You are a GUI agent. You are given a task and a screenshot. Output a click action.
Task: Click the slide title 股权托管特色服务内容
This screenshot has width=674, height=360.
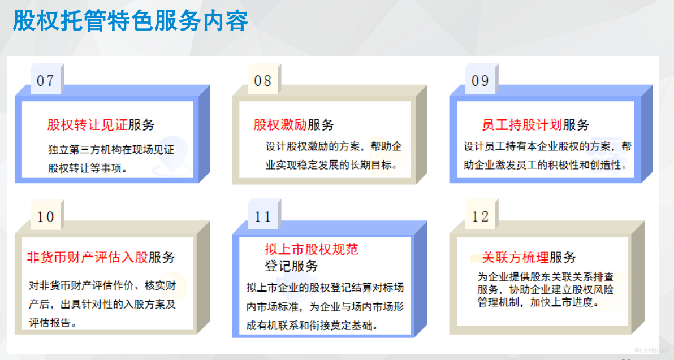[131, 20]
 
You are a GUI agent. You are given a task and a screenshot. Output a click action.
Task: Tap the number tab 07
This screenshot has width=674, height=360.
[46, 80]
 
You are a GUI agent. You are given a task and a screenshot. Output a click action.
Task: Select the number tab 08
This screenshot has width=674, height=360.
[263, 80]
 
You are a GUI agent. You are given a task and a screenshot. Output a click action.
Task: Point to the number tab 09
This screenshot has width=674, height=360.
[481, 80]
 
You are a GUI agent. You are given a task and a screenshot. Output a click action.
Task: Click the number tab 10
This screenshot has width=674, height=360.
[46, 216]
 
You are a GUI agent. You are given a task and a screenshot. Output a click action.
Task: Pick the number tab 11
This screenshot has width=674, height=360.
[263, 216]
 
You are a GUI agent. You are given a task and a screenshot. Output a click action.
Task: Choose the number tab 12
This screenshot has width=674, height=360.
[481, 216]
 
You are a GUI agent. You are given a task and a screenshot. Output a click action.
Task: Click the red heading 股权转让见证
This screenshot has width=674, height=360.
[87, 125]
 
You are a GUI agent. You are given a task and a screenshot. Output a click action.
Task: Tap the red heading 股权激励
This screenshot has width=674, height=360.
[280, 125]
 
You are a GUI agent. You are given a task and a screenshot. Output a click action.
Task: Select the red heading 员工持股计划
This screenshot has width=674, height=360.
[522, 125]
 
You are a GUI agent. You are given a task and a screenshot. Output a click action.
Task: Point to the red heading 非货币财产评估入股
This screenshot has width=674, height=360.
[88, 257]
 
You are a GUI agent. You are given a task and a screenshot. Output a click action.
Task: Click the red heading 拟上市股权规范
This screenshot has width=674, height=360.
[311, 249]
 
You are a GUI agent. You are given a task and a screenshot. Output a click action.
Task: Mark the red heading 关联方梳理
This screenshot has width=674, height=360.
[515, 257]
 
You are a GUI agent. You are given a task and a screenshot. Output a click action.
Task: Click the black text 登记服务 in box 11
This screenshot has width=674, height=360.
[291, 266]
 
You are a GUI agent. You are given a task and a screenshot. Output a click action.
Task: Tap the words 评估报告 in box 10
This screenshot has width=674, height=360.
[49, 322]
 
